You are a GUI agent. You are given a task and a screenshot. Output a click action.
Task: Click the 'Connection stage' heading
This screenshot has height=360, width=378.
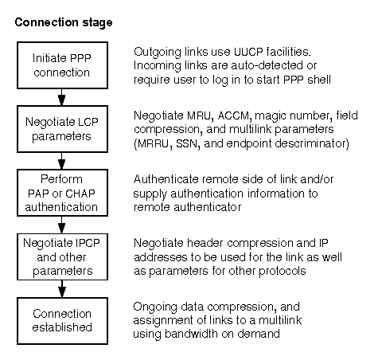(64, 22)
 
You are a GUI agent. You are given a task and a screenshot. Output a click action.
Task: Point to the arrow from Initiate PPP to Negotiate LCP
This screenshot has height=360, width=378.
(62, 97)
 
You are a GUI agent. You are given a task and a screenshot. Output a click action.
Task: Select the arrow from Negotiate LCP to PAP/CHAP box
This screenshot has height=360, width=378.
(62, 161)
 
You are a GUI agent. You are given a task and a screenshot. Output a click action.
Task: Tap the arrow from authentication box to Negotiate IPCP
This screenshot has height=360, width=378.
(62, 225)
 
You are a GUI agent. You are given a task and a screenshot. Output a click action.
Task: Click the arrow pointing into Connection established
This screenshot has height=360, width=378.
(62, 289)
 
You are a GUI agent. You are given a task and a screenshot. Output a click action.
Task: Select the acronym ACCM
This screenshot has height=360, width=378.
(234, 115)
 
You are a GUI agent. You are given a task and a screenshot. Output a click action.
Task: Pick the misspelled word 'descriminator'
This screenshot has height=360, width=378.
(310, 143)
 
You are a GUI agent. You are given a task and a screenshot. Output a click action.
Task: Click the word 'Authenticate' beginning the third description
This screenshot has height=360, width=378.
(166, 179)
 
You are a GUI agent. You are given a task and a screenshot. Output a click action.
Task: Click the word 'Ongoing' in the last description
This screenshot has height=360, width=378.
(155, 307)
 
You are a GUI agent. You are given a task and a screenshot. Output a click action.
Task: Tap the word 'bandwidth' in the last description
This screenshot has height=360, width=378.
(191, 334)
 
